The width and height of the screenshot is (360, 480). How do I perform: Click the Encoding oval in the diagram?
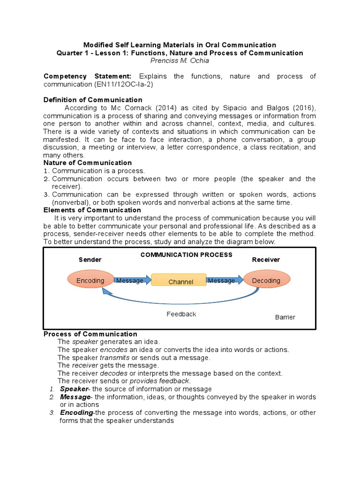point(90,280)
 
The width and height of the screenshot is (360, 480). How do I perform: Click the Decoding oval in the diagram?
point(266,280)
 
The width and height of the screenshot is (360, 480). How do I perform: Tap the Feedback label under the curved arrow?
point(181,314)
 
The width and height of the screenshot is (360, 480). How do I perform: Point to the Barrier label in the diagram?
point(285,317)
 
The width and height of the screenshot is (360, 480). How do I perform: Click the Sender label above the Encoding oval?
point(90,259)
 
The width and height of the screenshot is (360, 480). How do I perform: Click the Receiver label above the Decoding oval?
point(266,259)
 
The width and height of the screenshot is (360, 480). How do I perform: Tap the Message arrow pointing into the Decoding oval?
point(224,280)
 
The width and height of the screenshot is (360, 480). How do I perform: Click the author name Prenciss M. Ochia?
point(180,61)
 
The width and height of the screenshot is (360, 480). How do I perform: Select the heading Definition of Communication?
point(93,100)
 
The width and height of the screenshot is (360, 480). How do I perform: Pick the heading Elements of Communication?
point(88,210)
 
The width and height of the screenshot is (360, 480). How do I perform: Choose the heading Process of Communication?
point(90,334)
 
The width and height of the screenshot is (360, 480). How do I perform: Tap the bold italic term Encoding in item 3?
point(76,412)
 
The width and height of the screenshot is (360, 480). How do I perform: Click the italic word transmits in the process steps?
point(114,357)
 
